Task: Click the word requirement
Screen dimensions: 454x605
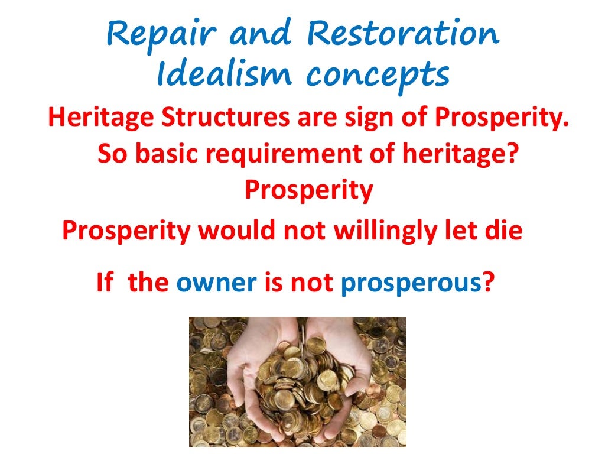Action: [281, 155]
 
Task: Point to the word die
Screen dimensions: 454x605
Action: [506, 231]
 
